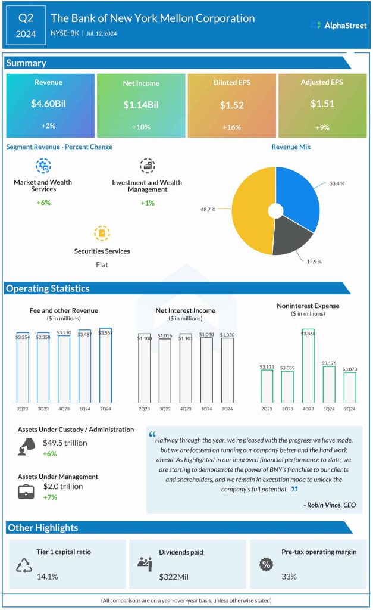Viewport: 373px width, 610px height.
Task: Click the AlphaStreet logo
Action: pyautogui.click(x=338, y=25)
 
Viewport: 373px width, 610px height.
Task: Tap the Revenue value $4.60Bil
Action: pyautogui.click(x=50, y=104)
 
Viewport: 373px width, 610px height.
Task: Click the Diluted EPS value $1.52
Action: pyautogui.click(x=231, y=105)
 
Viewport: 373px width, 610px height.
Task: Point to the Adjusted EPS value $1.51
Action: pyautogui.click(x=322, y=104)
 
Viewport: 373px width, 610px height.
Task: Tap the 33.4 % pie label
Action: pyautogui.click(x=337, y=183)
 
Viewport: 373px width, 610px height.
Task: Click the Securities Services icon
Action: pyautogui.click(x=102, y=233)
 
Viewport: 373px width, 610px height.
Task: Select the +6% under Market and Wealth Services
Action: pyautogui.click(x=43, y=203)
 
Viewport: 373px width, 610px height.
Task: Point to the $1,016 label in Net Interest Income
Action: pyautogui.click(x=165, y=336)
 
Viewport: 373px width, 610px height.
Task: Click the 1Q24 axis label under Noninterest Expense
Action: pyautogui.click(x=329, y=409)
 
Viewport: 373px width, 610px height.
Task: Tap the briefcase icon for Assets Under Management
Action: pyautogui.click(x=26, y=491)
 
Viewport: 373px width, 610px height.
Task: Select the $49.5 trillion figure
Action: pyautogui.click(x=65, y=443)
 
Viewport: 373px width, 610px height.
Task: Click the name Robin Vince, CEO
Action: pyautogui.click(x=330, y=505)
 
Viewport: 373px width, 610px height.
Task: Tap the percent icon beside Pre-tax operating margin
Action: pyautogui.click(x=266, y=564)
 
